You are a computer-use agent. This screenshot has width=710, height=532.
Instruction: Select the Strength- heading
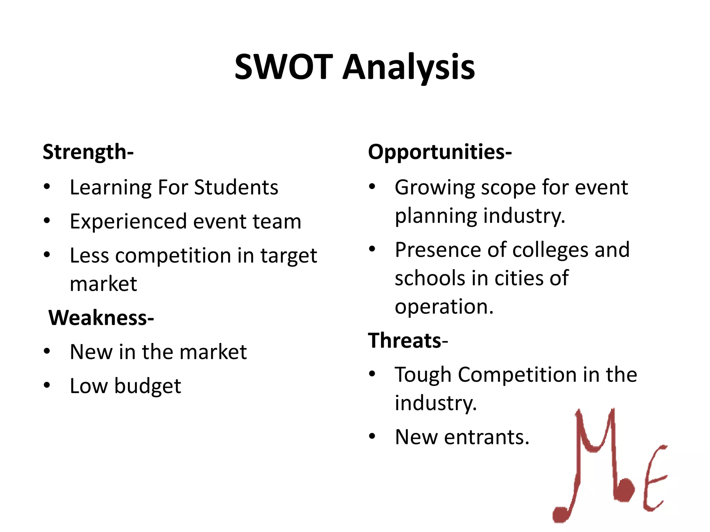pos(88,152)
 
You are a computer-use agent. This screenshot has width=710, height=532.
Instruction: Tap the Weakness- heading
pos(101,318)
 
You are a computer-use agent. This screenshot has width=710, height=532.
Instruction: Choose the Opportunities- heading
pos(440,152)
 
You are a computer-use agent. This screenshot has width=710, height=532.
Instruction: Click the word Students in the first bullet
pos(236,187)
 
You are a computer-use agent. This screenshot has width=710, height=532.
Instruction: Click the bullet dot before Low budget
pos(47,385)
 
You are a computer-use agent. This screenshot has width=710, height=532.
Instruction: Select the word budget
pos(148,386)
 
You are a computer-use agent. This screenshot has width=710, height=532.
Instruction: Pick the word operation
pos(444,307)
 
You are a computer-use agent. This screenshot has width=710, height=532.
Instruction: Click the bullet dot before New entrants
pos(372,436)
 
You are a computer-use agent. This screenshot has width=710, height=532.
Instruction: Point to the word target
pos(288,256)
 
